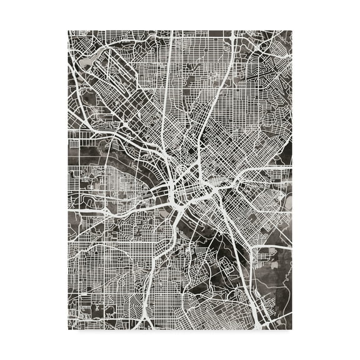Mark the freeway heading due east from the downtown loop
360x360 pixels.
(x=262, y=170)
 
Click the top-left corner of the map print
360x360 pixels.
(x=67, y=30)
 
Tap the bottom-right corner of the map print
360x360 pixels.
(x=292, y=329)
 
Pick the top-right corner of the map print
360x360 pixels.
(x=292, y=30)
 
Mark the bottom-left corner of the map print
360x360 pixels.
(x=67, y=329)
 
